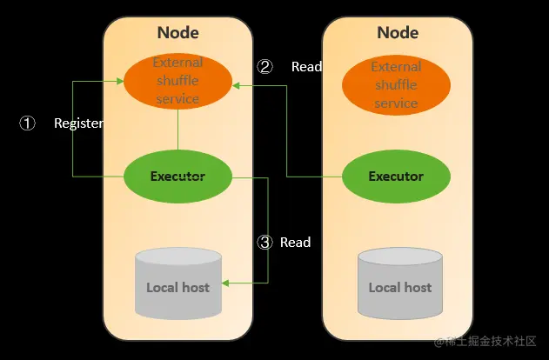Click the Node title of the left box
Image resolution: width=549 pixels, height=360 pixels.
click(x=177, y=33)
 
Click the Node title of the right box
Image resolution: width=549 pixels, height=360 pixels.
click(x=398, y=33)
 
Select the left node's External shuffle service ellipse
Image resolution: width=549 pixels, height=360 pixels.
click(x=177, y=81)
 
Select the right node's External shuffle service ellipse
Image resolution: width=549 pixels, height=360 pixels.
click(x=396, y=85)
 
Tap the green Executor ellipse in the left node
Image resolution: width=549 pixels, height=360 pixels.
click(x=177, y=177)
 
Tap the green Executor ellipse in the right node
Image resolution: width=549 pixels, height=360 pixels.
click(x=396, y=177)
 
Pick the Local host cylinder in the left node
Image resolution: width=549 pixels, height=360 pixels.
click(x=177, y=283)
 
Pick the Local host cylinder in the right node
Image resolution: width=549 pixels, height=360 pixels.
click(x=399, y=283)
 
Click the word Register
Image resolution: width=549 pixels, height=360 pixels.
click(x=78, y=123)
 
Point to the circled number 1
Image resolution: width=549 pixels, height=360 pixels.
click(x=27, y=123)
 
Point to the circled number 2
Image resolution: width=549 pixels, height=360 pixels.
click(x=265, y=66)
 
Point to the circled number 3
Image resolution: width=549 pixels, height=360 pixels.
click(x=265, y=242)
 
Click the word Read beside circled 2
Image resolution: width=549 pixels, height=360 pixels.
click(x=306, y=66)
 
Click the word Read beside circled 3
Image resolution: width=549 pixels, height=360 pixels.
click(x=295, y=242)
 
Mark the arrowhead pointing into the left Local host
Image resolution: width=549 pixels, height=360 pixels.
click(x=225, y=283)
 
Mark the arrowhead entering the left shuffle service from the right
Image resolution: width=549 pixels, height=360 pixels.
click(x=236, y=85)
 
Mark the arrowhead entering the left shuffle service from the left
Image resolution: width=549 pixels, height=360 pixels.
click(x=121, y=81)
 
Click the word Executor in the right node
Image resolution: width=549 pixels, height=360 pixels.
click(x=396, y=177)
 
